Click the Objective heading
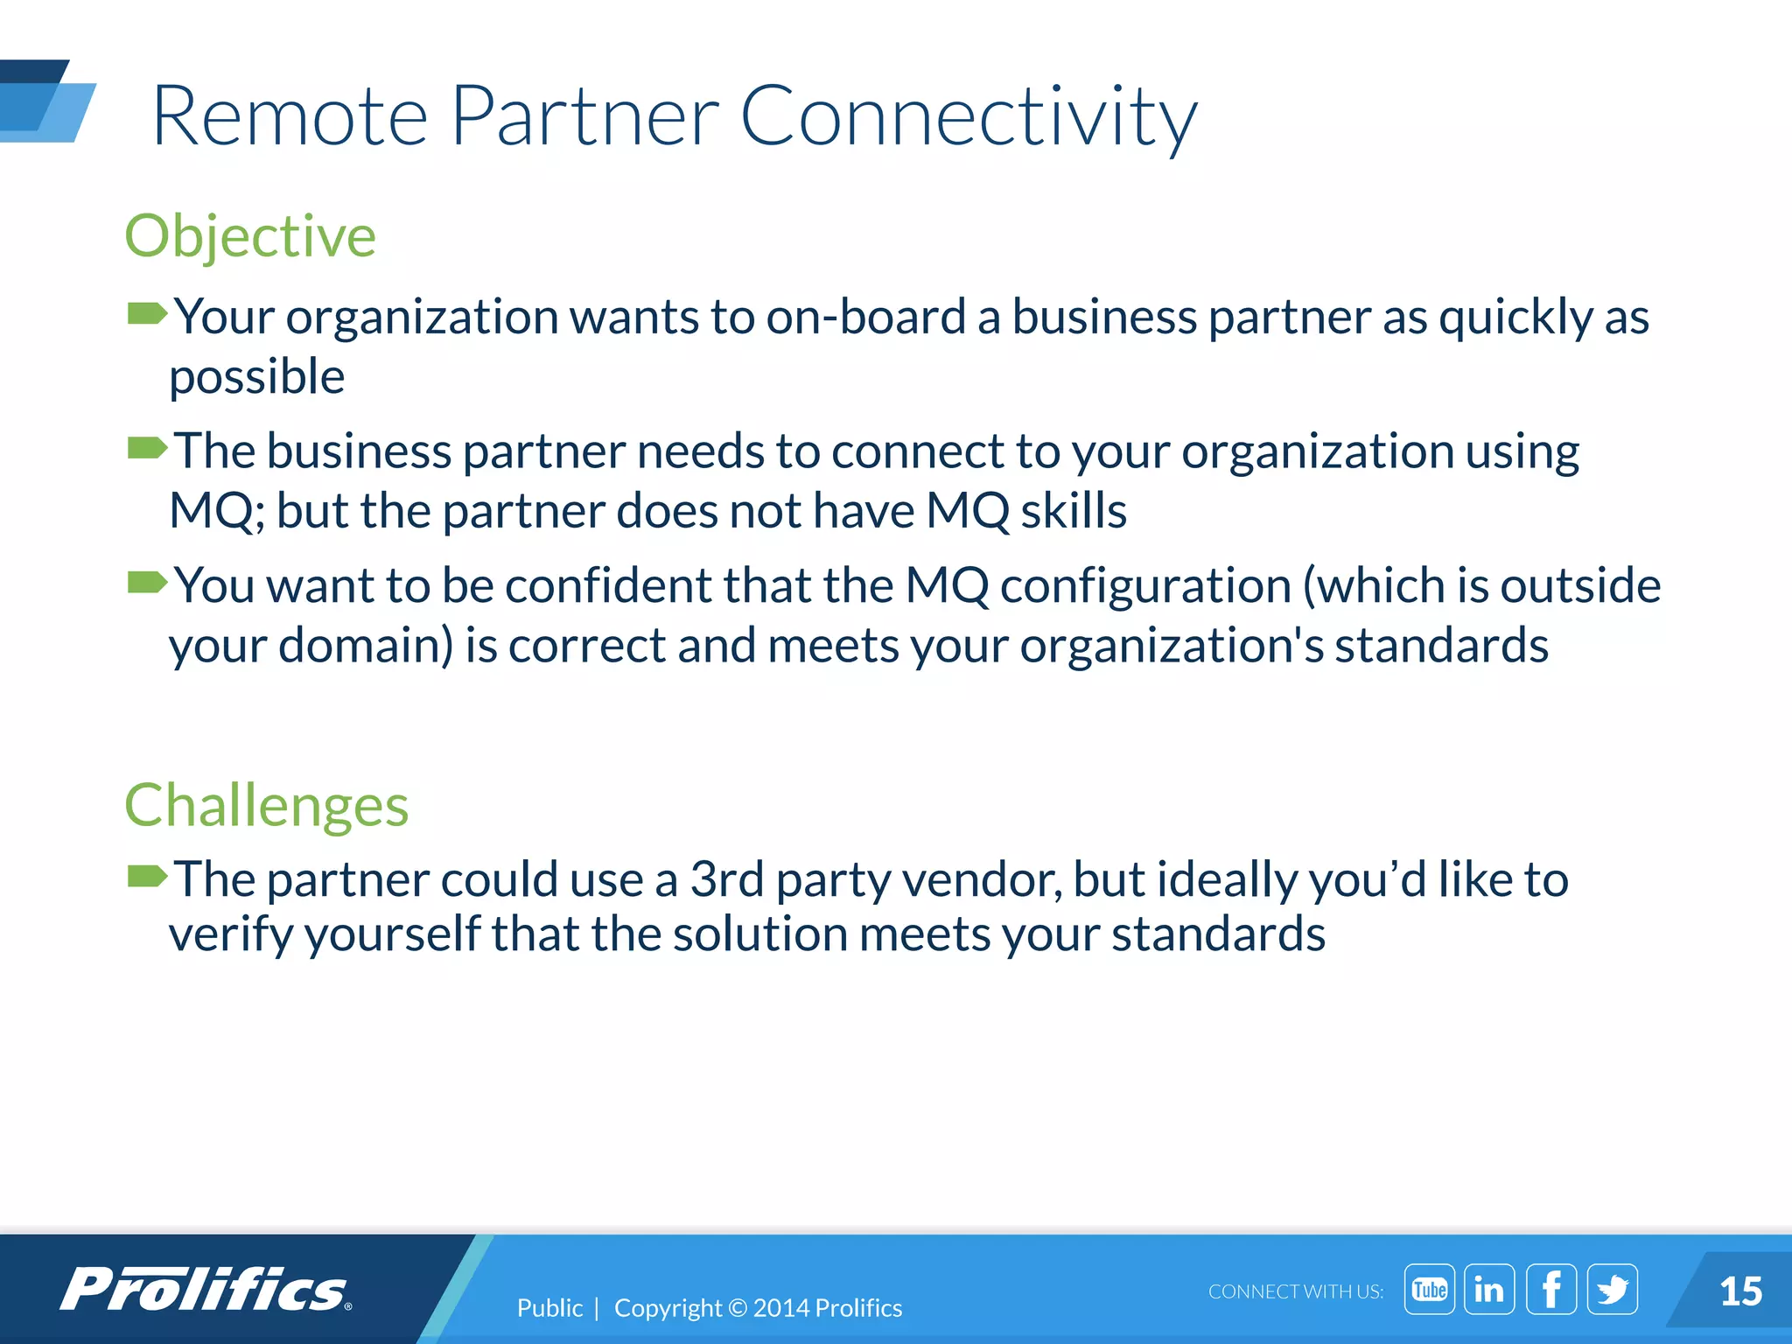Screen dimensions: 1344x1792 250,236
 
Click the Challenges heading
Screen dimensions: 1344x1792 266,805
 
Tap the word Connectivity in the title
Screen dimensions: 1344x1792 969,116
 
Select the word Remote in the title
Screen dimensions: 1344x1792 290,116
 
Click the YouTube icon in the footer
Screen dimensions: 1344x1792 1429,1289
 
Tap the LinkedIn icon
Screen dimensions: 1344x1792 1489,1289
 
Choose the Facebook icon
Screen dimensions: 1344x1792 1551,1289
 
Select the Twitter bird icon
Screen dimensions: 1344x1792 1613,1289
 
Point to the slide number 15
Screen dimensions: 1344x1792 1740,1291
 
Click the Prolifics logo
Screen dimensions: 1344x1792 206,1289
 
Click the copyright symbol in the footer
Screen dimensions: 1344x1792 738,1308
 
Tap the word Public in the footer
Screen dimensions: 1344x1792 549,1308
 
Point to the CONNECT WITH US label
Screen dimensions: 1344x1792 1295,1291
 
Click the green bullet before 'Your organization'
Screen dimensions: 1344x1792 146,313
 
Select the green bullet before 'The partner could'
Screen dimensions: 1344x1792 146,875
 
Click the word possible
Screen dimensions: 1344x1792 257,378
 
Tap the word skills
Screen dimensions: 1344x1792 1074,511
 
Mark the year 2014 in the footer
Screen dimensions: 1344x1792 780,1308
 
